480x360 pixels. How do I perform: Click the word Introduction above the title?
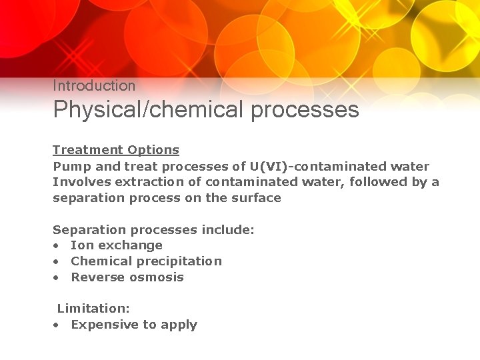94,85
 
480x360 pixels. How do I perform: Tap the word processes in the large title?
305,109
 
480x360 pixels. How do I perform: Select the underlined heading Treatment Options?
116,150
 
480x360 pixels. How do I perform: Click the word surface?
256,197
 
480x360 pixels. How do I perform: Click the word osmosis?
156,277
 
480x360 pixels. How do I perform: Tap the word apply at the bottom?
179,325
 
